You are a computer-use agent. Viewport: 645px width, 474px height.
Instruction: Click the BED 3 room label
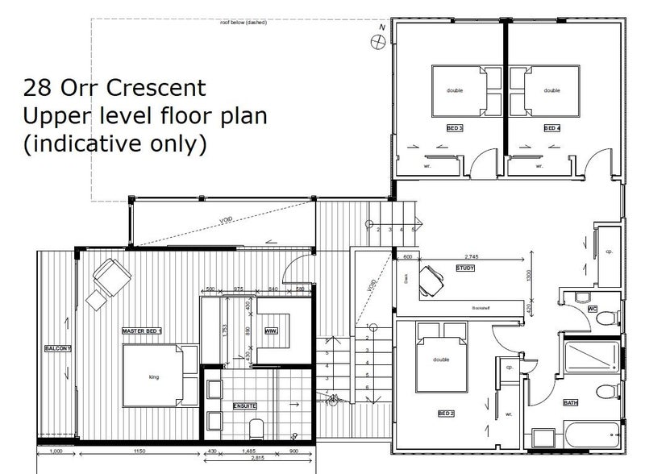point(455,128)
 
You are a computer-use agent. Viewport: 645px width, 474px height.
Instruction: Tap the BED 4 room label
point(551,128)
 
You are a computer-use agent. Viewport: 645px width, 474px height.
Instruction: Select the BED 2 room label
point(446,413)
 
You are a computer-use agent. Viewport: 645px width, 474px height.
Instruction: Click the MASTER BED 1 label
point(141,331)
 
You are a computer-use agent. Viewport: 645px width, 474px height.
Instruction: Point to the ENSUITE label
point(245,405)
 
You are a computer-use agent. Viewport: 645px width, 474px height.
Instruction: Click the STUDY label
point(466,268)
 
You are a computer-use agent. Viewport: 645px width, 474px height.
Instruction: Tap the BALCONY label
point(59,348)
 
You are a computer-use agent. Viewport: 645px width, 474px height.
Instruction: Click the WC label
point(592,307)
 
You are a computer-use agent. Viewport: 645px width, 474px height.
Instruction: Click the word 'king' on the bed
point(155,376)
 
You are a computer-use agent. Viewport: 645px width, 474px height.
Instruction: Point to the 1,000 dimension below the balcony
point(56,451)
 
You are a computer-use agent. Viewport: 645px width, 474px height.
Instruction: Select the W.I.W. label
point(271,330)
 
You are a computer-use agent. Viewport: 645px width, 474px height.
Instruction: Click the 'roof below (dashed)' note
point(243,23)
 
